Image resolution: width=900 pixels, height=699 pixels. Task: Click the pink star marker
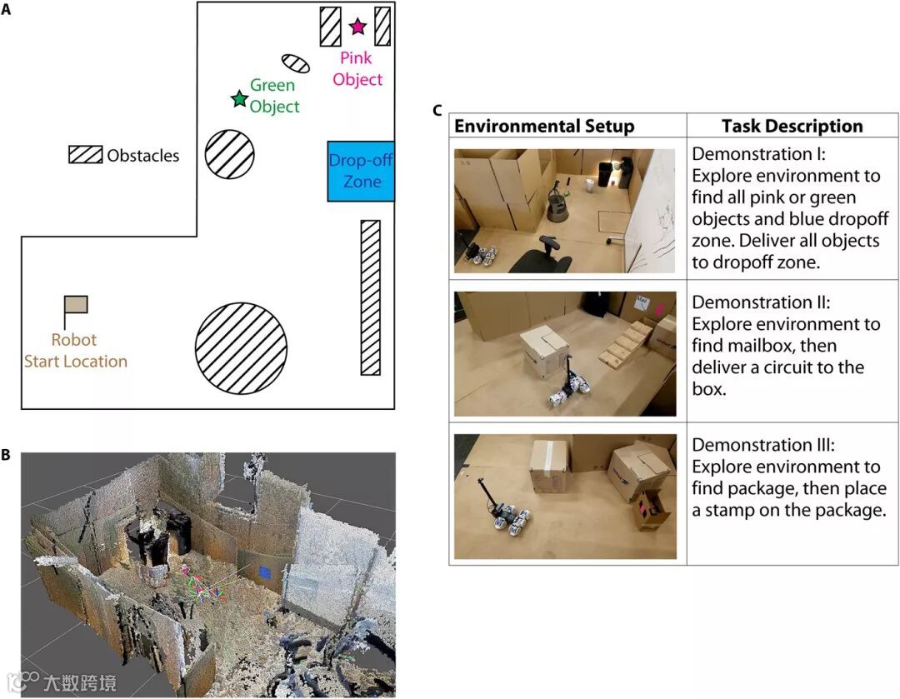pyautogui.click(x=357, y=27)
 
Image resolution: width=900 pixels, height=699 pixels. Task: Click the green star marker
pyautogui.click(x=239, y=99)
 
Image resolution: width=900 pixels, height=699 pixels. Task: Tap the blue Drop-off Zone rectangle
pyautogui.click(x=361, y=171)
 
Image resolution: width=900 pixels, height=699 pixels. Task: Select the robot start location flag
pyautogui.click(x=75, y=305)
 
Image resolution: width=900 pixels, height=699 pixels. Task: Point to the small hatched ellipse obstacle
pyautogui.click(x=295, y=63)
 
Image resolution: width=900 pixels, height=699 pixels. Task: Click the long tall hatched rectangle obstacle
pyautogui.click(x=370, y=297)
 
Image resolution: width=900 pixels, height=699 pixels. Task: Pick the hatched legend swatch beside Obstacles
pyautogui.click(x=85, y=155)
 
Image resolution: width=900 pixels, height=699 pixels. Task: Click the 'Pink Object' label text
pyautogui.click(x=357, y=69)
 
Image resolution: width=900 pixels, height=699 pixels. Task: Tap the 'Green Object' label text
pyautogui.click(x=273, y=96)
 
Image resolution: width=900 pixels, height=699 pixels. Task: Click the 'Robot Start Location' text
pyautogui.click(x=76, y=351)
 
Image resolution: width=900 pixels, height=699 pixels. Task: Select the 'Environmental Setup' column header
pyautogui.click(x=544, y=127)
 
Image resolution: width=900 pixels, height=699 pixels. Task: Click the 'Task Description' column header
pyautogui.click(x=792, y=127)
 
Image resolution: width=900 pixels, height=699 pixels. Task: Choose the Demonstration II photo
pyautogui.click(x=565, y=353)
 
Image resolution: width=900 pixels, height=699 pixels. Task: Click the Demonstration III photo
pyautogui.click(x=565, y=496)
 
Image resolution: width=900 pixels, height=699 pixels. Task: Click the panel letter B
pyautogui.click(x=7, y=456)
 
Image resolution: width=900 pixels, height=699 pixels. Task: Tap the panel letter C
pyautogui.click(x=437, y=110)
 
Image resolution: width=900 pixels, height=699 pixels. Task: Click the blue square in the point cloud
pyautogui.click(x=264, y=572)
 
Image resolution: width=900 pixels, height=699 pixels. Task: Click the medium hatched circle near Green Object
pyautogui.click(x=229, y=154)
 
